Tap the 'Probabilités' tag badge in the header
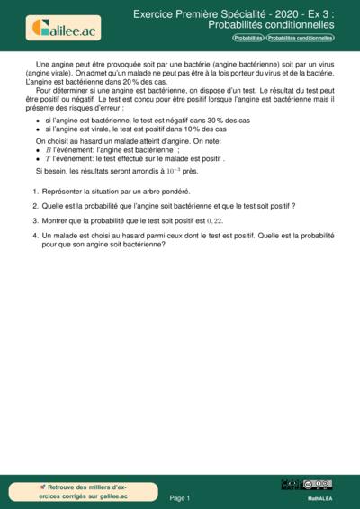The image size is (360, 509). pyautogui.click(x=247, y=39)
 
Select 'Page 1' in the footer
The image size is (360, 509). pyautogui.click(x=180, y=497)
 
